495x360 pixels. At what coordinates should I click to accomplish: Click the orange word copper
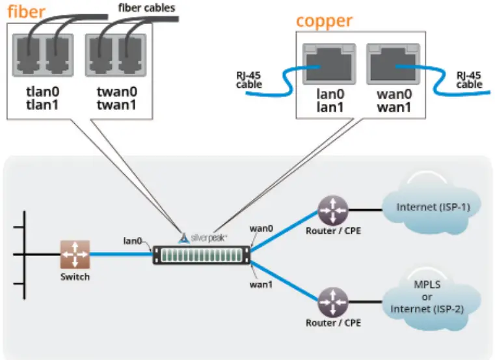323,21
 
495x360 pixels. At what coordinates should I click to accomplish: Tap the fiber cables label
146,8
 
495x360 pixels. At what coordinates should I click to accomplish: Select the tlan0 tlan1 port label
42,97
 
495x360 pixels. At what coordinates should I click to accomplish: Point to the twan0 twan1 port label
116,97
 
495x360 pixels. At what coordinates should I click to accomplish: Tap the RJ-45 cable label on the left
249,79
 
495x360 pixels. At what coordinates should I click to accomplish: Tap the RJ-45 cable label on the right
469,79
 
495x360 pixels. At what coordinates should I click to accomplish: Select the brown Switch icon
75,255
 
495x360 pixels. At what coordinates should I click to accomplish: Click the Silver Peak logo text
208,238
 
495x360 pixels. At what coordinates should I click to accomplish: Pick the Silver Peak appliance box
201,255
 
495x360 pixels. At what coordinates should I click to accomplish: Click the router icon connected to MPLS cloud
333,301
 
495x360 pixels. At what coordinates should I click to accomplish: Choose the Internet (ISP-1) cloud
433,208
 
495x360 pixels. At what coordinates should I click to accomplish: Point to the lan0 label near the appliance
133,241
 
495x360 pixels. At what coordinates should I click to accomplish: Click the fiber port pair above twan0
116,53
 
